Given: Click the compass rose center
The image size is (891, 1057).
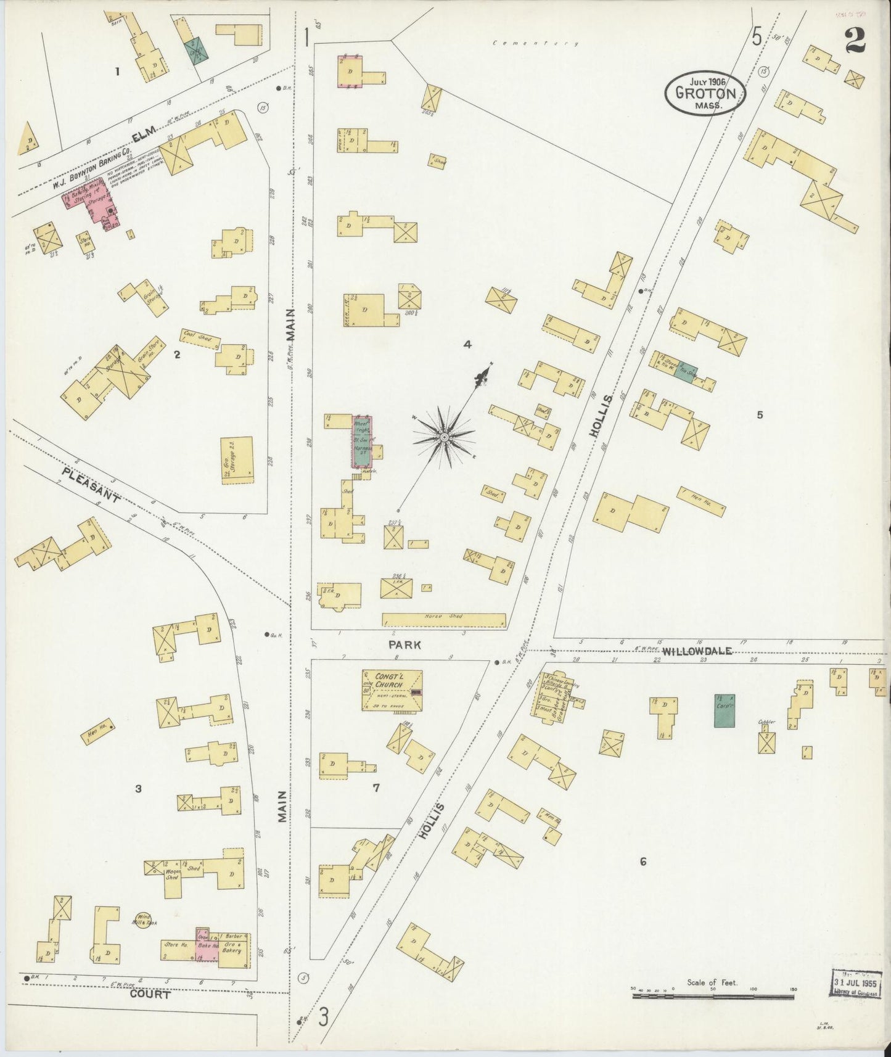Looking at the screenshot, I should [443, 437].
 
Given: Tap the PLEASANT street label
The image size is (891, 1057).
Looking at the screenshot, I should [91, 485].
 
